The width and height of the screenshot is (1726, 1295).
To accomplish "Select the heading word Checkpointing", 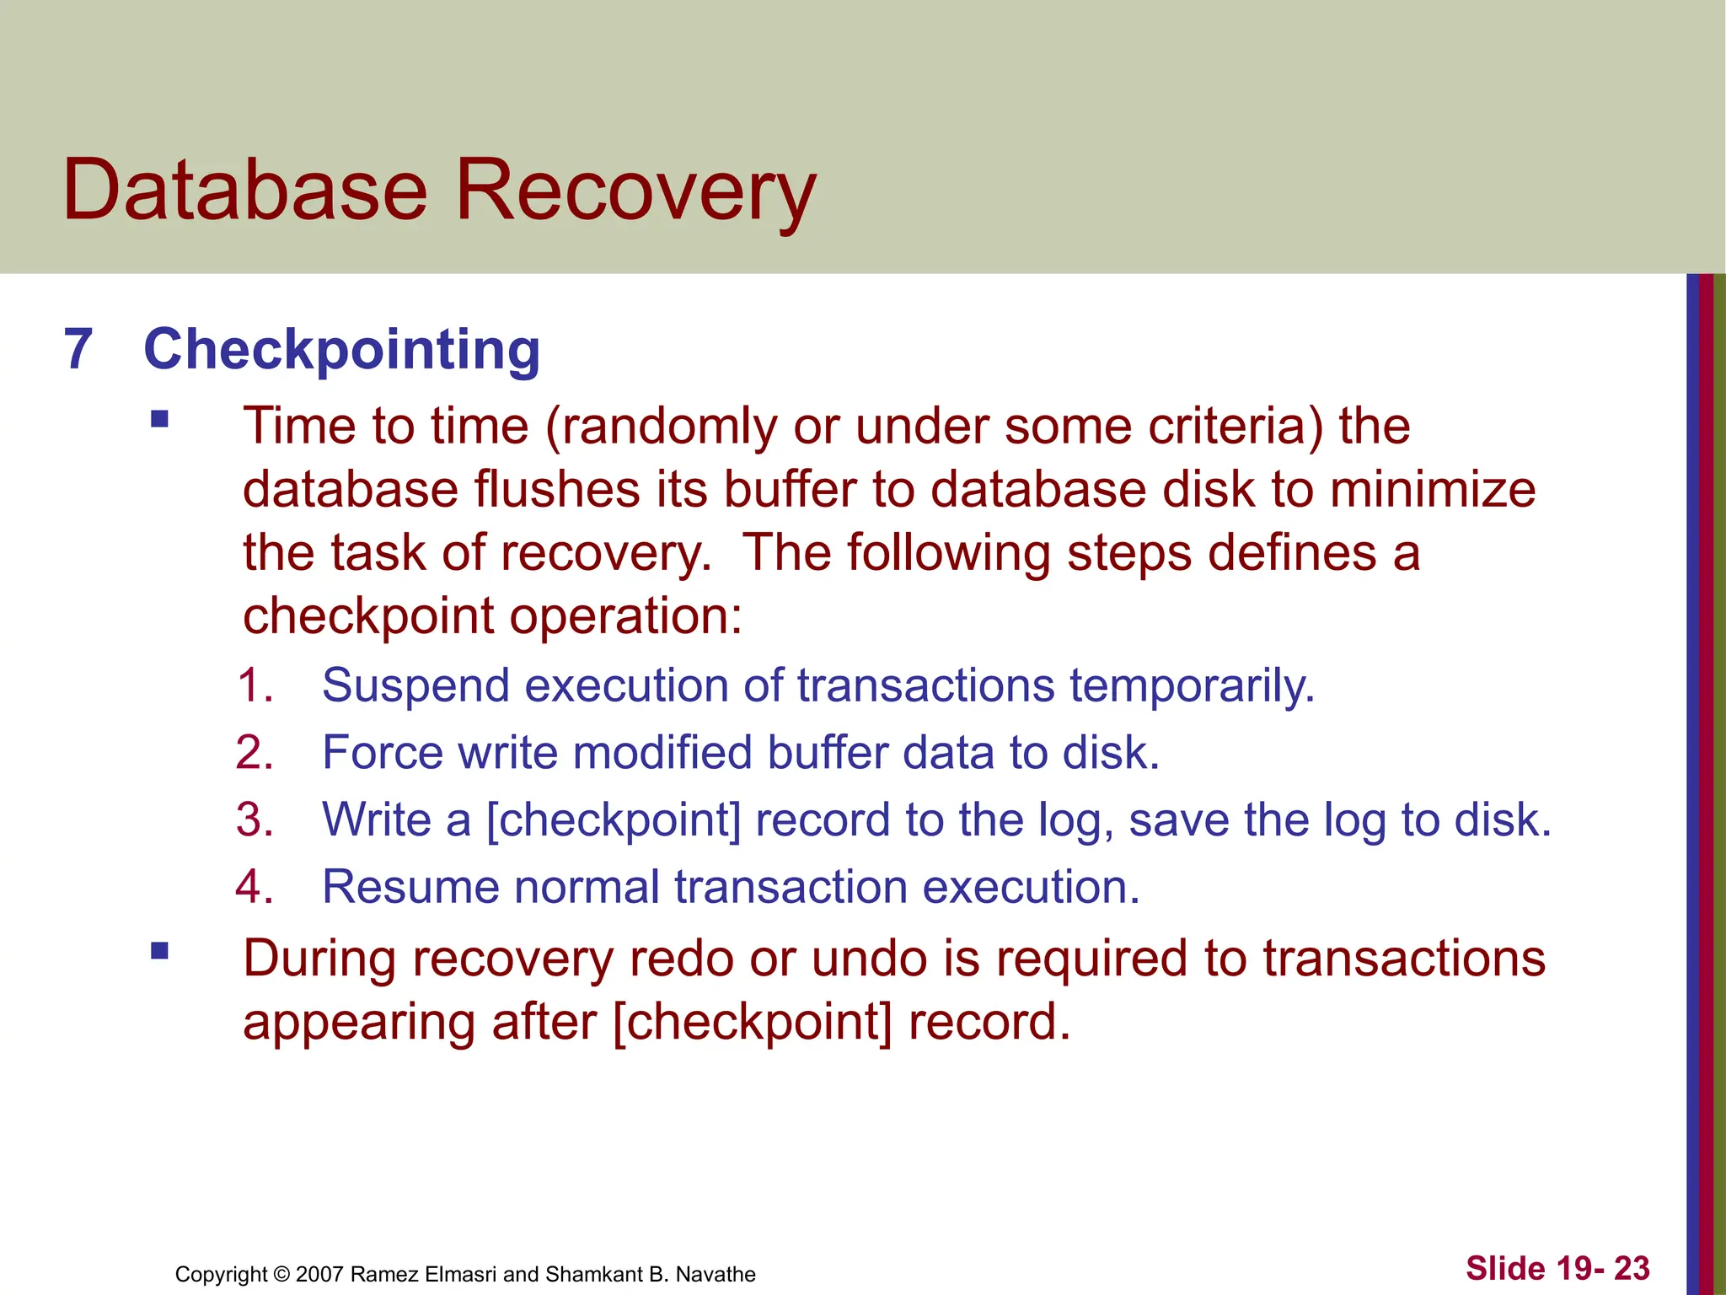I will click(x=341, y=349).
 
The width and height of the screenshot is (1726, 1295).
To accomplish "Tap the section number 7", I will click(x=78, y=349).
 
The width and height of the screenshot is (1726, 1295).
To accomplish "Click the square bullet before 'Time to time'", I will click(x=159, y=419).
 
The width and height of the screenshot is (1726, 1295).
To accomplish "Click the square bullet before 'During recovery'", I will click(x=159, y=952).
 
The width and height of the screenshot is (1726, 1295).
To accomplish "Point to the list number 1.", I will click(x=253, y=685).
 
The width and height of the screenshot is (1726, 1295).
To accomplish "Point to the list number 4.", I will click(x=253, y=887).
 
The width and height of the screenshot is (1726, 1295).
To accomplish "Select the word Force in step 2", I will click(x=382, y=752).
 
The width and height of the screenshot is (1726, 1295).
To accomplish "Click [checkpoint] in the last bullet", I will click(x=752, y=1022).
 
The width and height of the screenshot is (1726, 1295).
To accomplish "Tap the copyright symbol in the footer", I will click(x=281, y=1274).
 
